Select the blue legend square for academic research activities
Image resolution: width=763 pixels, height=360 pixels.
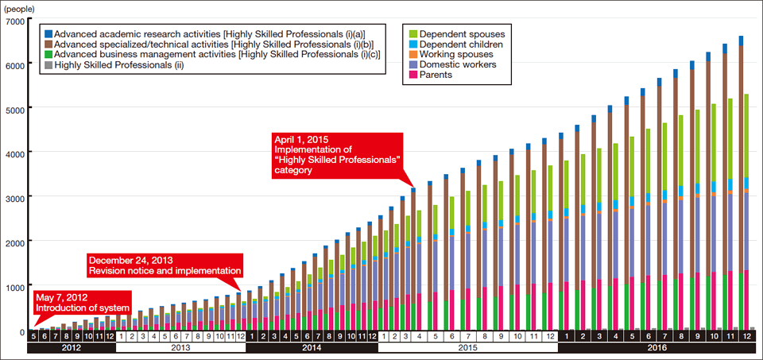tap(48, 33)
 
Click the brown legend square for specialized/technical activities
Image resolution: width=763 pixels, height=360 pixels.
tap(48, 44)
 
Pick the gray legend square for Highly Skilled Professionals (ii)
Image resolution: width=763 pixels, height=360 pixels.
tap(48, 64)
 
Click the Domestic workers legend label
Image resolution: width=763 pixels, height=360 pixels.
tap(457, 64)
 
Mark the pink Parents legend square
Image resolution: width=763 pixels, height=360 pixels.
tap(412, 75)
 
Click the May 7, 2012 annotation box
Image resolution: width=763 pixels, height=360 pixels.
tap(81, 302)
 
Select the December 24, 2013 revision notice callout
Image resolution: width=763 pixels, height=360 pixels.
tap(163, 265)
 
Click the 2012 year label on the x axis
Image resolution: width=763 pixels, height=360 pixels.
tap(72, 347)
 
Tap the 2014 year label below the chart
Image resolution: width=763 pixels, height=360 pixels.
tap(312, 347)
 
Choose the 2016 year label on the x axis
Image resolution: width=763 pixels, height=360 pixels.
tap(656, 347)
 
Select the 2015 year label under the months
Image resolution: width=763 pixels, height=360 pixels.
tap(468, 347)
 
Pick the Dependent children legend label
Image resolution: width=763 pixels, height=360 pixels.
tap(462, 44)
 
